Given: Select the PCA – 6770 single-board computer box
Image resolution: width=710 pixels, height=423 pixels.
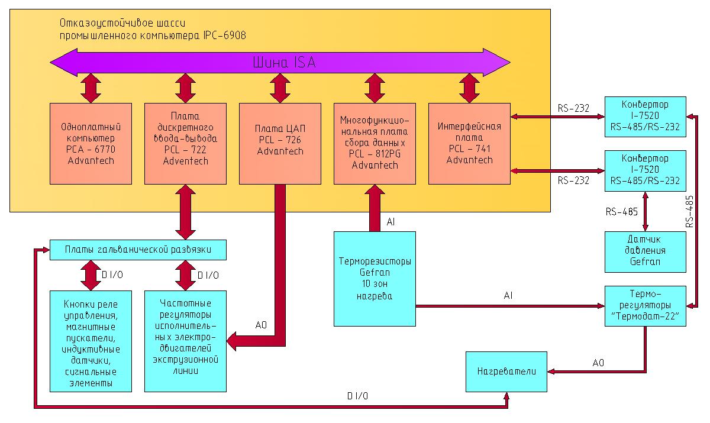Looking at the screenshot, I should [x=91, y=144].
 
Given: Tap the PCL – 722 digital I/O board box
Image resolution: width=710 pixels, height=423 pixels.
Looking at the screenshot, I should [x=185, y=144].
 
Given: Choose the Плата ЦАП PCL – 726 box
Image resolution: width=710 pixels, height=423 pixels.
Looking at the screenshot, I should [x=280, y=144].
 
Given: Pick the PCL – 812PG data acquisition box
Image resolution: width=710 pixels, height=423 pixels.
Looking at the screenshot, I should [x=375, y=144].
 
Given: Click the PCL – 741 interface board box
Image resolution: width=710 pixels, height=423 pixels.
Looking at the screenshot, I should [x=469, y=144].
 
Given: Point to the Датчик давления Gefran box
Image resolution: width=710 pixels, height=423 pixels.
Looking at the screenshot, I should [x=646, y=251].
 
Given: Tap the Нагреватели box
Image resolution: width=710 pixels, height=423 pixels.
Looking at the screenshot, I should [x=506, y=372].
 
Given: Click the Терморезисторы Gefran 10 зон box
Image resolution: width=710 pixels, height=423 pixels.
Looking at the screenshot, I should [x=375, y=279].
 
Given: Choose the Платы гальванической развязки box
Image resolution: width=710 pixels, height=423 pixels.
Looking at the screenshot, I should [x=138, y=250].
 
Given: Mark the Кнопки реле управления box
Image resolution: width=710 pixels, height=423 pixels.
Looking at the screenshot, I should [x=91, y=341].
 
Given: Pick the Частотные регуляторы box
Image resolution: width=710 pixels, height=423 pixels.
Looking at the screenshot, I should [x=185, y=341].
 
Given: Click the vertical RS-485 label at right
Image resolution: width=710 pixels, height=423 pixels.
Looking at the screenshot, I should [x=690, y=211].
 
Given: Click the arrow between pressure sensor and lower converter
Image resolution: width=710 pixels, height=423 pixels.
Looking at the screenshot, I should [x=645, y=211].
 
